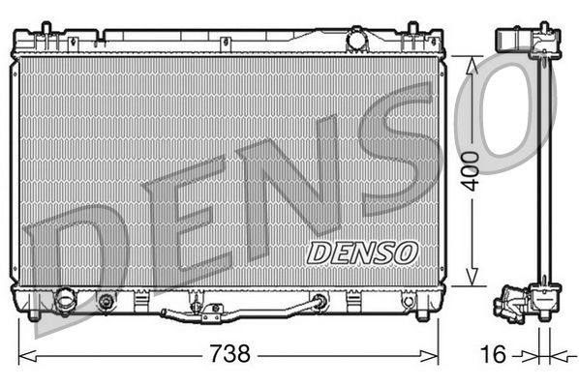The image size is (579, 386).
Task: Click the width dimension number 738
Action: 230,354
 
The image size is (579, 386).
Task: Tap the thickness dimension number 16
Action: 493,354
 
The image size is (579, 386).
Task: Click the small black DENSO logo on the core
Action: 361,252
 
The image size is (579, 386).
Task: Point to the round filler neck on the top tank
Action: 357,41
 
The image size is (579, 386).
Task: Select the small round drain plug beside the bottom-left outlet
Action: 106,302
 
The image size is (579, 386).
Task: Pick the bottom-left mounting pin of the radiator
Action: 35,314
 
